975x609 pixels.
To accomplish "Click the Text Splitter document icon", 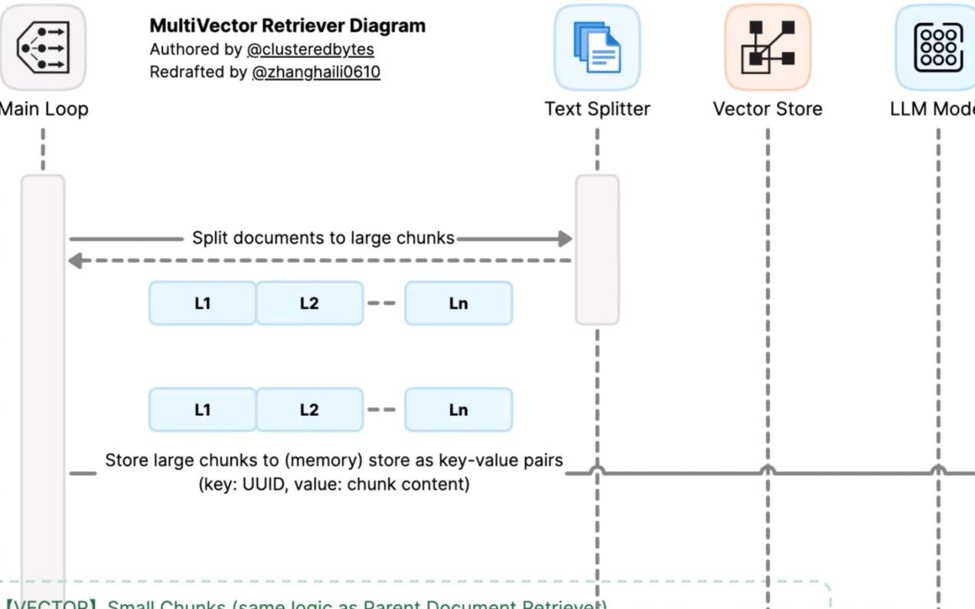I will pyautogui.click(x=597, y=47).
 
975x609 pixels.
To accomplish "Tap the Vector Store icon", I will pyautogui.click(x=768, y=47).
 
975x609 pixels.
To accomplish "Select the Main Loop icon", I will pyautogui.click(x=43, y=47).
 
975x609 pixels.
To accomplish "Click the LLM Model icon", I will pyautogui.click(x=937, y=47).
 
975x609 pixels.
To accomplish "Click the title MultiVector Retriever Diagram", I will pyautogui.click(x=287, y=25).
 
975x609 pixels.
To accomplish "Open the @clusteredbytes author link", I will pyautogui.click(x=310, y=49).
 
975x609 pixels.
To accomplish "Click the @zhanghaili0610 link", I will pyautogui.click(x=315, y=72).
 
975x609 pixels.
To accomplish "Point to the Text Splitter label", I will pyautogui.click(x=597, y=109).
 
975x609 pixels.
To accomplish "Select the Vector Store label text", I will pyautogui.click(x=768, y=109).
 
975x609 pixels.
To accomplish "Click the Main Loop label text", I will pyautogui.click(x=44, y=109).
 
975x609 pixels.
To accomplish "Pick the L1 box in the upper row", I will pyautogui.click(x=202, y=303).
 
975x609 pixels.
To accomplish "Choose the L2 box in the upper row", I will pyautogui.click(x=309, y=303).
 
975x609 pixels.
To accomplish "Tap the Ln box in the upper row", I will pyautogui.click(x=458, y=303).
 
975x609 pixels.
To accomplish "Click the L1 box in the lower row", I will pyautogui.click(x=202, y=409).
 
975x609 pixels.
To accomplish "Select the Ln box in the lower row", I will pyautogui.click(x=458, y=409).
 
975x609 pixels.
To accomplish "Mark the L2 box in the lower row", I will pyautogui.click(x=309, y=409).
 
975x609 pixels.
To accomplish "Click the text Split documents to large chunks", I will pyautogui.click(x=323, y=238).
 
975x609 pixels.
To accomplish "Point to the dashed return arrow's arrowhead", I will pyautogui.click(x=75, y=261).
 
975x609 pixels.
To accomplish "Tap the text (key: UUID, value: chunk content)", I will pyautogui.click(x=334, y=484).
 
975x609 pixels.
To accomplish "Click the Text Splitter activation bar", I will pyautogui.click(x=597, y=249).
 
